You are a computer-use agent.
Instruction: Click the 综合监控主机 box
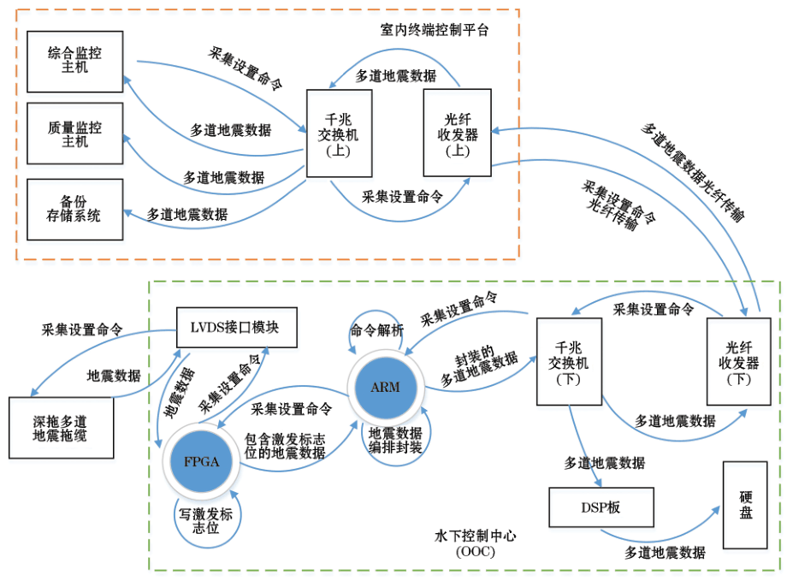(75, 61)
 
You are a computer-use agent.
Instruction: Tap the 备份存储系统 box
(75, 208)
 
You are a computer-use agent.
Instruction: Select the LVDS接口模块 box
(239, 327)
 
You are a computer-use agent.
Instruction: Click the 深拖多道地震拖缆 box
(60, 428)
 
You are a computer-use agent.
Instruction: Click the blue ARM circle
(384, 387)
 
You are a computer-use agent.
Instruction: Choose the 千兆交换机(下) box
(568, 361)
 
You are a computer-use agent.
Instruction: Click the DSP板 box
(601, 507)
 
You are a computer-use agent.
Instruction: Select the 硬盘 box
(744, 505)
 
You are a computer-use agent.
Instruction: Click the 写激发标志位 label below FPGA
(205, 521)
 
